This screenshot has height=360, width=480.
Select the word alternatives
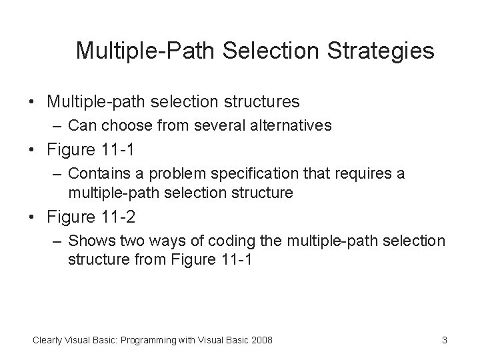coord(292,125)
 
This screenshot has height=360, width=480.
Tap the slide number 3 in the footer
coord(444,341)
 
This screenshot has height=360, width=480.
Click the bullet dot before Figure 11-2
coord(31,218)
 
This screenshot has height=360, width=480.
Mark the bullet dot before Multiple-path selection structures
coord(31,102)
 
